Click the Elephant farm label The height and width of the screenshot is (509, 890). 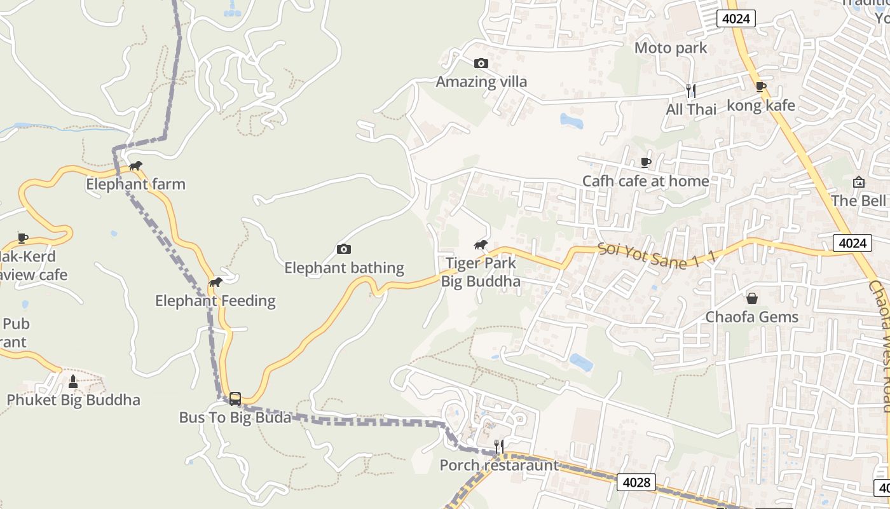point(135,185)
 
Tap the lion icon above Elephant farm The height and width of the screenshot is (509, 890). point(135,166)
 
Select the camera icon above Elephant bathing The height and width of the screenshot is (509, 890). point(344,249)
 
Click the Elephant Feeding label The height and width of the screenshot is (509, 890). point(216,301)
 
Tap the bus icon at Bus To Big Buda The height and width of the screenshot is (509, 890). point(235,399)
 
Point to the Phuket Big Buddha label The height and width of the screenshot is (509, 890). point(73,400)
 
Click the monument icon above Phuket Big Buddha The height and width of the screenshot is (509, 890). point(72,382)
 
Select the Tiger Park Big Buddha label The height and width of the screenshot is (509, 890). point(481,272)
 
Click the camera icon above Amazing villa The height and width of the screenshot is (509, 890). point(481,63)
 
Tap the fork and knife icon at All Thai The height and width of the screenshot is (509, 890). point(691,91)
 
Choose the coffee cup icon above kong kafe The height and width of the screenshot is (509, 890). point(761,87)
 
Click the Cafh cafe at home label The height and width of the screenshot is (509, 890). point(645,181)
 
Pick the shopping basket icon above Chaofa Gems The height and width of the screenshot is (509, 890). point(752,298)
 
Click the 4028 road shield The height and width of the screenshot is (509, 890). point(636,482)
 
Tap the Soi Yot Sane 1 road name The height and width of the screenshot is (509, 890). point(657,256)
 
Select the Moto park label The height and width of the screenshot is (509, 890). point(671,48)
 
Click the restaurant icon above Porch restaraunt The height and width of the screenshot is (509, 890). point(499,446)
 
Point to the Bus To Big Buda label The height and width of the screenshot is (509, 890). point(235,418)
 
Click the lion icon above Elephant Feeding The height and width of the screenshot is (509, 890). point(216,282)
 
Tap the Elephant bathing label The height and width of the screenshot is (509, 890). point(344,268)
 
